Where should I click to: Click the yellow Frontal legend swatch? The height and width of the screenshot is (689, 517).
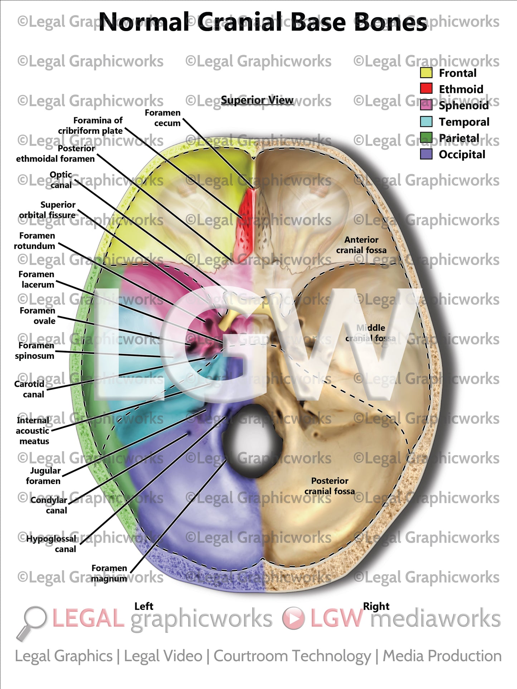pyautogui.click(x=426, y=73)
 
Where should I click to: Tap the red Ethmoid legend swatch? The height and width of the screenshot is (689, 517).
pyautogui.click(x=426, y=89)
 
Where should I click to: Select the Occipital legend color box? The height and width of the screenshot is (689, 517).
pyautogui.click(x=426, y=154)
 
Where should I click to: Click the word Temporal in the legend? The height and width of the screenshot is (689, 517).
pyautogui.click(x=464, y=122)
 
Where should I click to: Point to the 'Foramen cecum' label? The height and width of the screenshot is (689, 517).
pyautogui.click(x=163, y=118)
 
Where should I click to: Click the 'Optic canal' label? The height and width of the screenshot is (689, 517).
pyautogui.click(x=61, y=180)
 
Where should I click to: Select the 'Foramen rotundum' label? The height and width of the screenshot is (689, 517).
pyautogui.click(x=35, y=241)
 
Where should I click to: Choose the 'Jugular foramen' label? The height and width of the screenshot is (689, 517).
pyautogui.click(x=43, y=476)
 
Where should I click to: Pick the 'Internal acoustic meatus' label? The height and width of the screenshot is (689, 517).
pyautogui.click(x=33, y=431)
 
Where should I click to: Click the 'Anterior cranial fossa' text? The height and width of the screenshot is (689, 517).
pyautogui.click(x=361, y=245)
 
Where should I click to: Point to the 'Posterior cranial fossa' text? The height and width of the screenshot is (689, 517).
pyautogui.click(x=330, y=486)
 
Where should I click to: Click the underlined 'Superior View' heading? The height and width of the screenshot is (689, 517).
pyautogui.click(x=257, y=100)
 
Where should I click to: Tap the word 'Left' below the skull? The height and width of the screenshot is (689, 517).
pyautogui.click(x=144, y=606)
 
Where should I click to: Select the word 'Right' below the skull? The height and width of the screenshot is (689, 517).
pyautogui.click(x=376, y=606)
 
